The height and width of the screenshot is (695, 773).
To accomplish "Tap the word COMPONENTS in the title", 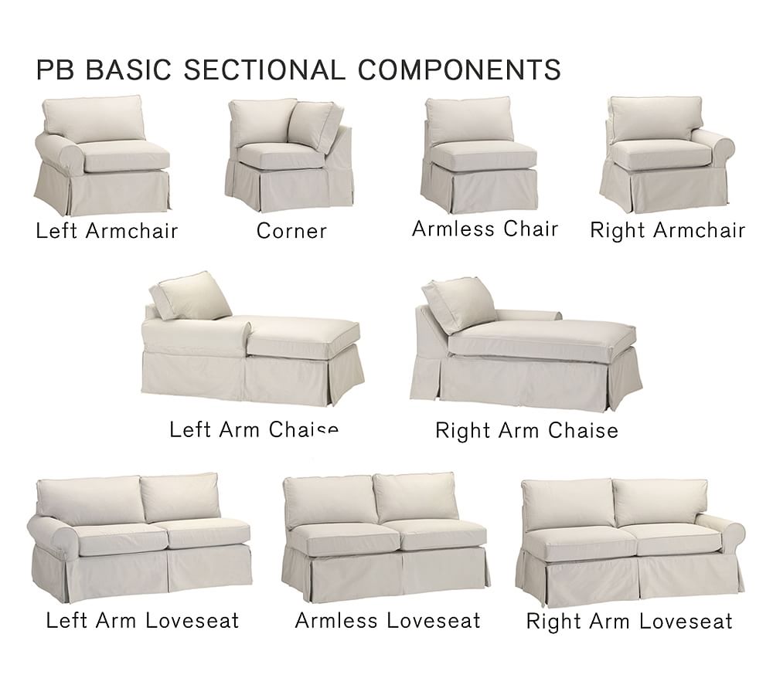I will click(459, 69).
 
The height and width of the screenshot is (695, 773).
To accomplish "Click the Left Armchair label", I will click(107, 231).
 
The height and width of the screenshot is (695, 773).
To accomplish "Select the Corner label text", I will click(291, 231).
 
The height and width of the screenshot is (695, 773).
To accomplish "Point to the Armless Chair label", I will click(485, 229).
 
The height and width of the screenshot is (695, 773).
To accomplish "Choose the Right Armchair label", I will click(667, 230).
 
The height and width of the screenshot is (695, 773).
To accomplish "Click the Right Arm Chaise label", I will click(526, 430).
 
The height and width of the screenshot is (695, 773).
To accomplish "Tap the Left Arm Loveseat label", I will click(142, 620).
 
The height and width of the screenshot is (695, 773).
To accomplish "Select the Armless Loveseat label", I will click(387, 620).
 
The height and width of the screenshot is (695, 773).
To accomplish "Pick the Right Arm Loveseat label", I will click(629, 622).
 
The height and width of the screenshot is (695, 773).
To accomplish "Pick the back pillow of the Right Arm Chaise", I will click(458, 303).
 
